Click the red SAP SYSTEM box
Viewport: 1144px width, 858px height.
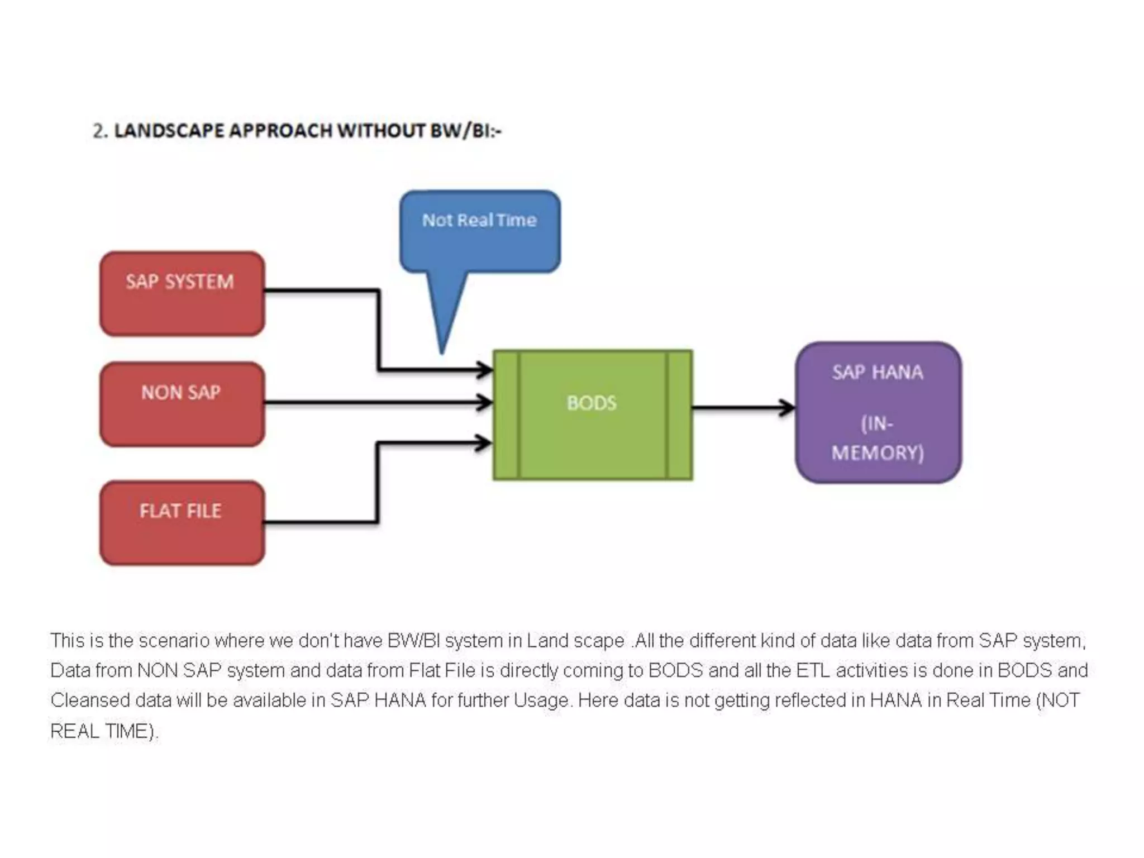(x=182, y=294)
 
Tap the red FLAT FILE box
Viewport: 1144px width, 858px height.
(x=182, y=523)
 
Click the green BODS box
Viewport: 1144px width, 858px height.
(x=593, y=414)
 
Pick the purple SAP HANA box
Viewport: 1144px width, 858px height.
(x=878, y=412)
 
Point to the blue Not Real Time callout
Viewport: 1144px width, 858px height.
(x=480, y=231)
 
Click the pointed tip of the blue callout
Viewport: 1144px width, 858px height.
(x=442, y=351)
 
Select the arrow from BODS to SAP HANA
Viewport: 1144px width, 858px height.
(x=743, y=408)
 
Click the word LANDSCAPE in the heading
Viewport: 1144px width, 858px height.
(x=169, y=131)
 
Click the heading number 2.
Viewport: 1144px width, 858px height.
(x=99, y=131)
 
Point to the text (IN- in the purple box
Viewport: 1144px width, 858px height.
(x=877, y=424)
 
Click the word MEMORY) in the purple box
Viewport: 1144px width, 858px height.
(x=878, y=452)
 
